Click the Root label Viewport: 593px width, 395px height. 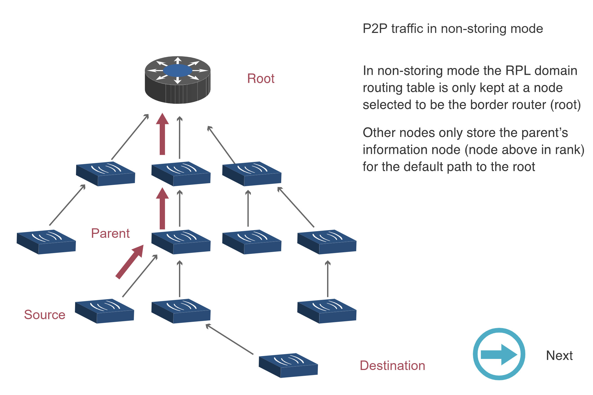261,79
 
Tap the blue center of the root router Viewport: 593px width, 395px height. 177,71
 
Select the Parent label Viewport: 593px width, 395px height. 110,233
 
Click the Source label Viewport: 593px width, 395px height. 45,315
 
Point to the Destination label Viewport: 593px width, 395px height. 392,366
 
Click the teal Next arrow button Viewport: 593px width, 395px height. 499,354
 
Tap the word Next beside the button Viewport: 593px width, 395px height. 559,356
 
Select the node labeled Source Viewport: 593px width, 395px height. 104,311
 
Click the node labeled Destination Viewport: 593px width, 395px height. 288,366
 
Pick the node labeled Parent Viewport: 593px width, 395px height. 181,242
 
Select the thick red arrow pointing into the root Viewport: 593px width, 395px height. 162,134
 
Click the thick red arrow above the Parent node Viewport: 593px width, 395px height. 162,209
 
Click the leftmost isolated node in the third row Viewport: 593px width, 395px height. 46,242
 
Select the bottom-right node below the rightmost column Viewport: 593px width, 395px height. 327,311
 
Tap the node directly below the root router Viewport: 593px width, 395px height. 181,174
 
